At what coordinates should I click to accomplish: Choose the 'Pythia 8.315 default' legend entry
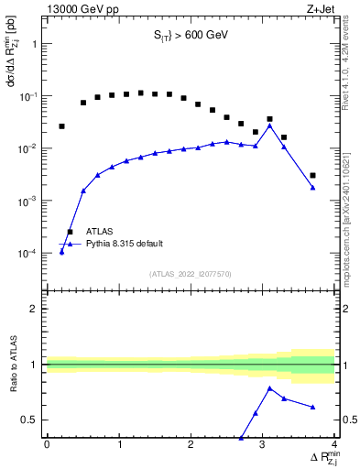click(x=125, y=244)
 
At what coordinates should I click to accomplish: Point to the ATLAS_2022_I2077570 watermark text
click(x=191, y=272)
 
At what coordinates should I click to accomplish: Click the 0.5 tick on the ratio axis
click(x=30, y=420)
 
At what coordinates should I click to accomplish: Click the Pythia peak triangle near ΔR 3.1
click(x=269, y=125)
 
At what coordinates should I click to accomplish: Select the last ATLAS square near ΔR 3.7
click(x=312, y=175)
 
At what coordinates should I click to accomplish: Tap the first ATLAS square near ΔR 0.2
click(x=61, y=126)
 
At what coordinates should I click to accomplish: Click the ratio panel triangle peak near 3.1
click(x=269, y=387)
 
